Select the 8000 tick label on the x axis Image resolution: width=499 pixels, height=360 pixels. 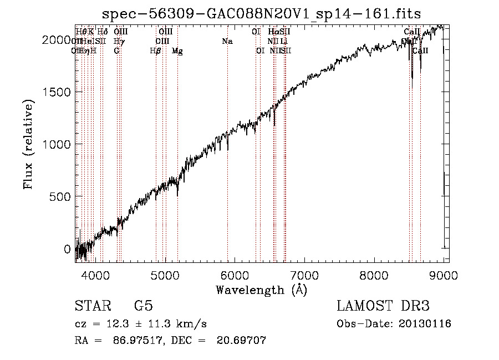[x=374, y=276]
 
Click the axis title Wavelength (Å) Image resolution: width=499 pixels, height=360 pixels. [x=262, y=290]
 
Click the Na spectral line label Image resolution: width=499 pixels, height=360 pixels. [x=227, y=42]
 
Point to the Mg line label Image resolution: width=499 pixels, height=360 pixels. [x=177, y=50]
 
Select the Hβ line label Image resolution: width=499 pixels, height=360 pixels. [x=156, y=50]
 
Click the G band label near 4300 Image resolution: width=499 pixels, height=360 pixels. [x=116, y=50]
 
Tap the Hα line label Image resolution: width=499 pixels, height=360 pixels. [x=273, y=32]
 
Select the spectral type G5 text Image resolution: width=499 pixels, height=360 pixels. [x=143, y=306]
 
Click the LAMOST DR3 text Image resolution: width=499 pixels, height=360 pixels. [x=383, y=306]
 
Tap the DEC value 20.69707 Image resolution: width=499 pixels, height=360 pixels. [x=242, y=340]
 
